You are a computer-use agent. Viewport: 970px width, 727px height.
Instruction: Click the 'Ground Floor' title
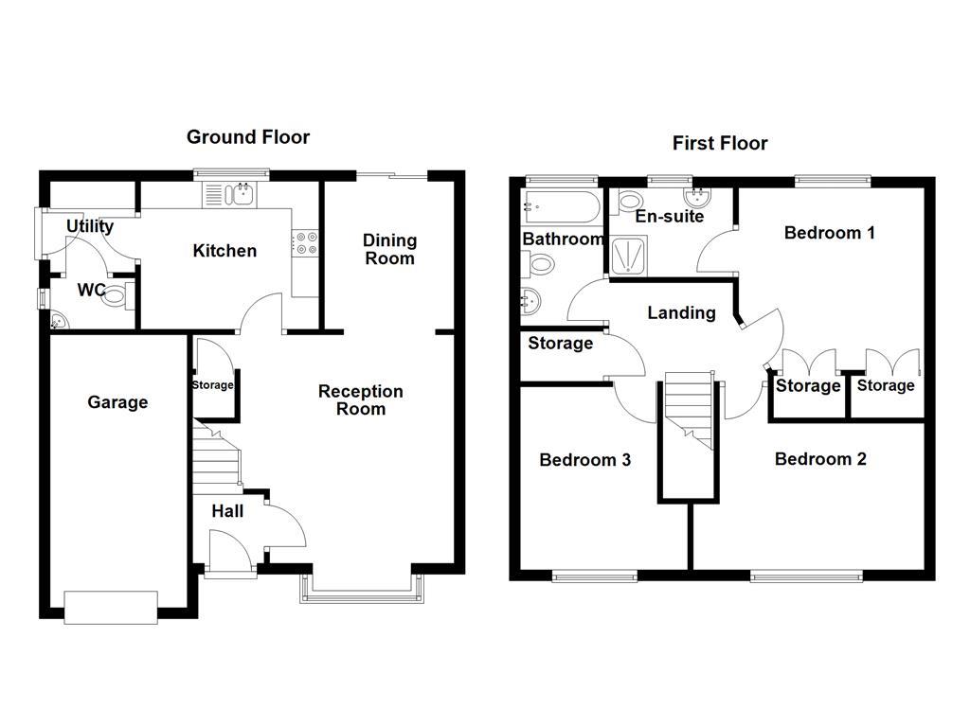(247, 137)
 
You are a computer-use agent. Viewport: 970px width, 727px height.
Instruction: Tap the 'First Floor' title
(720, 144)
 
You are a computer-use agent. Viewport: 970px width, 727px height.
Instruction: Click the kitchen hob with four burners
(305, 243)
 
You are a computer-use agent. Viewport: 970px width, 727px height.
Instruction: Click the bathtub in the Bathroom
(560, 206)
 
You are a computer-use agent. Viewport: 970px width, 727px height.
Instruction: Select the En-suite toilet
(629, 201)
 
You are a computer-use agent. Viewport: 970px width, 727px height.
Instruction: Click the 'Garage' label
(117, 402)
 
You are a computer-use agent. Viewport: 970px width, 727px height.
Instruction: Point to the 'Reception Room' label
(360, 400)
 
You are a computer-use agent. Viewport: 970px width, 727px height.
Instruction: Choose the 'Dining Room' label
(389, 249)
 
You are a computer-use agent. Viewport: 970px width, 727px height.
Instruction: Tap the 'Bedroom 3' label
(584, 460)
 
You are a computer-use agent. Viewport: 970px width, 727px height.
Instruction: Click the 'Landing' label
(681, 312)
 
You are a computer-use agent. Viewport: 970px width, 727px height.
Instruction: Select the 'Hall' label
(227, 511)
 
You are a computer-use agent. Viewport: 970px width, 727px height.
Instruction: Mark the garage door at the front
(111, 607)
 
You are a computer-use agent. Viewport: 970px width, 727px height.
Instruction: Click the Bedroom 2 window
(806, 575)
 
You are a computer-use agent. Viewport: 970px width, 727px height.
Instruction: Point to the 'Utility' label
(90, 226)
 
